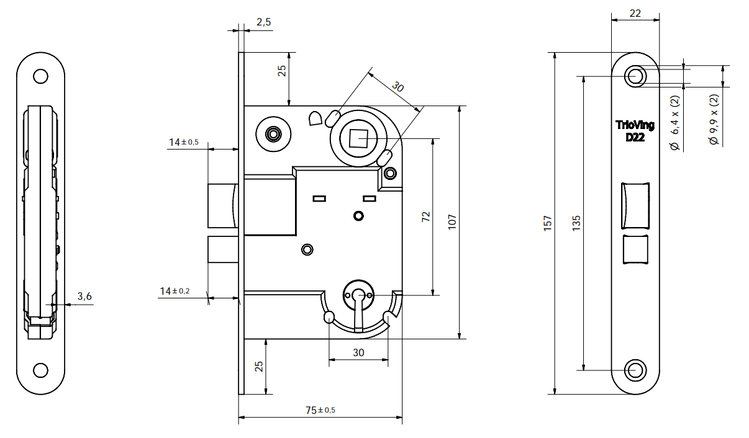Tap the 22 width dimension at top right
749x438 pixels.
click(x=635, y=13)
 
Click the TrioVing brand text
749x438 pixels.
click(x=634, y=126)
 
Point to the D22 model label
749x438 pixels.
click(x=634, y=137)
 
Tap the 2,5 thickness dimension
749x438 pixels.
click(x=263, y=22)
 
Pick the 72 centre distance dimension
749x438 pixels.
click(x=426, y=217)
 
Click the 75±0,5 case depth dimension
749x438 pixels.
click(x=320, y=410)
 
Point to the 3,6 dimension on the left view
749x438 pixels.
click(x=84, y=297)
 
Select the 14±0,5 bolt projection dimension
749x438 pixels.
click(x=184, y=142)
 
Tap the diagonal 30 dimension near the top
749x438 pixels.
click(x=398, y=87)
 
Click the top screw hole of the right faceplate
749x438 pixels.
click(x=635, y=76)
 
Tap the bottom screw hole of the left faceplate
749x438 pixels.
click(x=40, y=370)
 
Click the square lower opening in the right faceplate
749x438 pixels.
click(x=635, y=250)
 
